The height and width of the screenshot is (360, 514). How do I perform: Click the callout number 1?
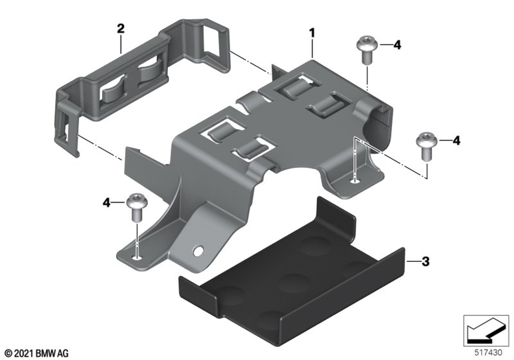pos(312,33)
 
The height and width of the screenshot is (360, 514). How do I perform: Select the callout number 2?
pos(121,28)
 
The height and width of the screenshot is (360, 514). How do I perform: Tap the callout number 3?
pos(426,262)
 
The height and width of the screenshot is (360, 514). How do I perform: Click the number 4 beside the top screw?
pos(397,45)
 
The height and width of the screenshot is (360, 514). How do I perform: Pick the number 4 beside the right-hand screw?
pos(456,140)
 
